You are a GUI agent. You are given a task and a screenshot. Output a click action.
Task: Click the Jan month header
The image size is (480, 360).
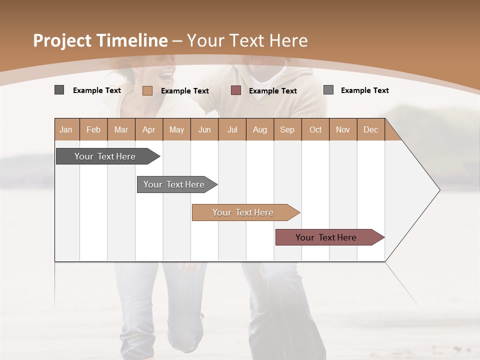[x=66, y=129]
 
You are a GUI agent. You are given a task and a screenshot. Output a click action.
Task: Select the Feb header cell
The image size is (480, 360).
[x=93, y=129]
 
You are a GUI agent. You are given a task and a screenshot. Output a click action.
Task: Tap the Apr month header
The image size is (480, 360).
[x=148, y=129]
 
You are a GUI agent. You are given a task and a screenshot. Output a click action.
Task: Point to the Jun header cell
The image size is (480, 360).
[x=204, y=129]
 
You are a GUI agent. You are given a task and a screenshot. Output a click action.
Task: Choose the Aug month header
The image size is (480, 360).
[x=259, y=129]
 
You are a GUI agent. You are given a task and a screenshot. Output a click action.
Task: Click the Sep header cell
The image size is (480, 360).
[x=287, y=129]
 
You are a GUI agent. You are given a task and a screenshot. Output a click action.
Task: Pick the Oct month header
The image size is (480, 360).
[x=315, y=129]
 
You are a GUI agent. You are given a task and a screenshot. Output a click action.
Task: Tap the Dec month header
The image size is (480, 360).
[x=370, y=129]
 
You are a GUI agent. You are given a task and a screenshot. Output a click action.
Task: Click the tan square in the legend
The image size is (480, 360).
[x=147, y=90]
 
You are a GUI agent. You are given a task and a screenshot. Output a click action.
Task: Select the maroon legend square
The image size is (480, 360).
[x=236, y=90]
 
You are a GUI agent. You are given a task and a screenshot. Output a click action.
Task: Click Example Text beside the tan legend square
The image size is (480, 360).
[x=185, y=91]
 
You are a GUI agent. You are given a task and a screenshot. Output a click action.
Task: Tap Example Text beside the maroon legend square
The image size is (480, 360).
[x=273, y=91]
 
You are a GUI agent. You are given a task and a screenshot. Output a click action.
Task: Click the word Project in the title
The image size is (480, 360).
[x=63, y=40]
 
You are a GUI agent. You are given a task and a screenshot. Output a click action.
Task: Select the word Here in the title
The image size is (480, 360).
[x=288, y=40]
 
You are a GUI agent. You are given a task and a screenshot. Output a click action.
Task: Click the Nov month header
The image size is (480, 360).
[x=343, y=129]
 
